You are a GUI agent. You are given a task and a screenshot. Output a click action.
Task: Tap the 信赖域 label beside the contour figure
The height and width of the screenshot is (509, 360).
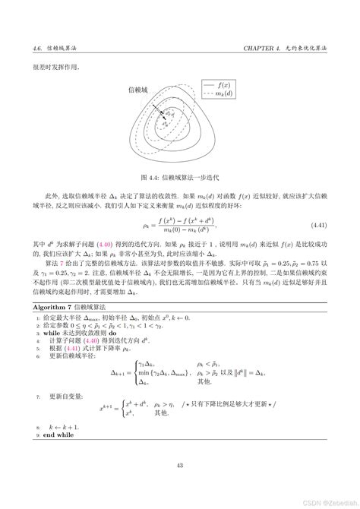[x=128, y=90]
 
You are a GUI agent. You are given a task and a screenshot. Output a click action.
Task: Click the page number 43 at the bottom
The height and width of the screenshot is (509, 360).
[x=180, y=466]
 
